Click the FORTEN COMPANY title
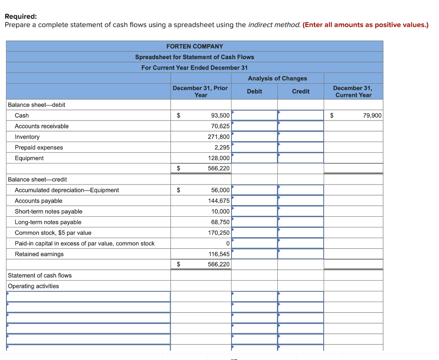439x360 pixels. [x=195, y=46]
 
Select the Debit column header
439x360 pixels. [x=254, y=91]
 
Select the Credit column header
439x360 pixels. [x=301, y=91]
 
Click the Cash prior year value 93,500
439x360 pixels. [x=220, y=115]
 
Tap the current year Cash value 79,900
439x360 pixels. [x=372, y=115]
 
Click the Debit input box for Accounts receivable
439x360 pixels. [x=254, y=126]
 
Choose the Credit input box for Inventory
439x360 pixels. [x=301, y=137]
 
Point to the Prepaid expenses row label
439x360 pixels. [x=39, y=148]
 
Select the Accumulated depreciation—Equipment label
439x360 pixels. [x=67, y=190]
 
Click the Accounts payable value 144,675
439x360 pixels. [x=219, y=201]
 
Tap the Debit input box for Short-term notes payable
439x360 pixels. [x=254, y=212]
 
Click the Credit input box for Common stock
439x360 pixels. [x=301, y=233]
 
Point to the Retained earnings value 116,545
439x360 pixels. [x=219, y=254]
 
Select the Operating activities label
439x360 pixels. [x=33, y=286]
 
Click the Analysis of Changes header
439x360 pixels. [x=277, y=79]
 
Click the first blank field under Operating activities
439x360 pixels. [x=88, y=296]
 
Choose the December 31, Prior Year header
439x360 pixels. [x=200, y=91]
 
